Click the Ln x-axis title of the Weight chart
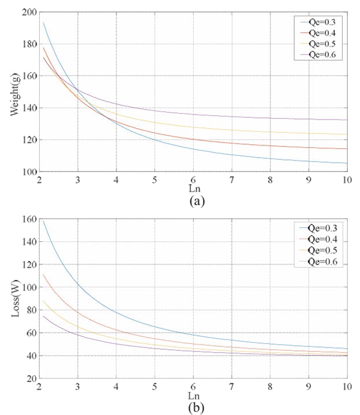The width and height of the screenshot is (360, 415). tap(193, 189)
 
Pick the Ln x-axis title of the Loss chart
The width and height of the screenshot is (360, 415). tap(193, 395)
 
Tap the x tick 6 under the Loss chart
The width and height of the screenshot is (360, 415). tap(193, 386)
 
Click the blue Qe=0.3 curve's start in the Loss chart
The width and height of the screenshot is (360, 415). tap(43, 220)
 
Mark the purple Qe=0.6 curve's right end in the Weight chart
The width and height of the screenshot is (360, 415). tap(347, 120)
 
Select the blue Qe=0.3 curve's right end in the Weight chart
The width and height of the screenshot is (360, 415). tap(347, 163)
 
